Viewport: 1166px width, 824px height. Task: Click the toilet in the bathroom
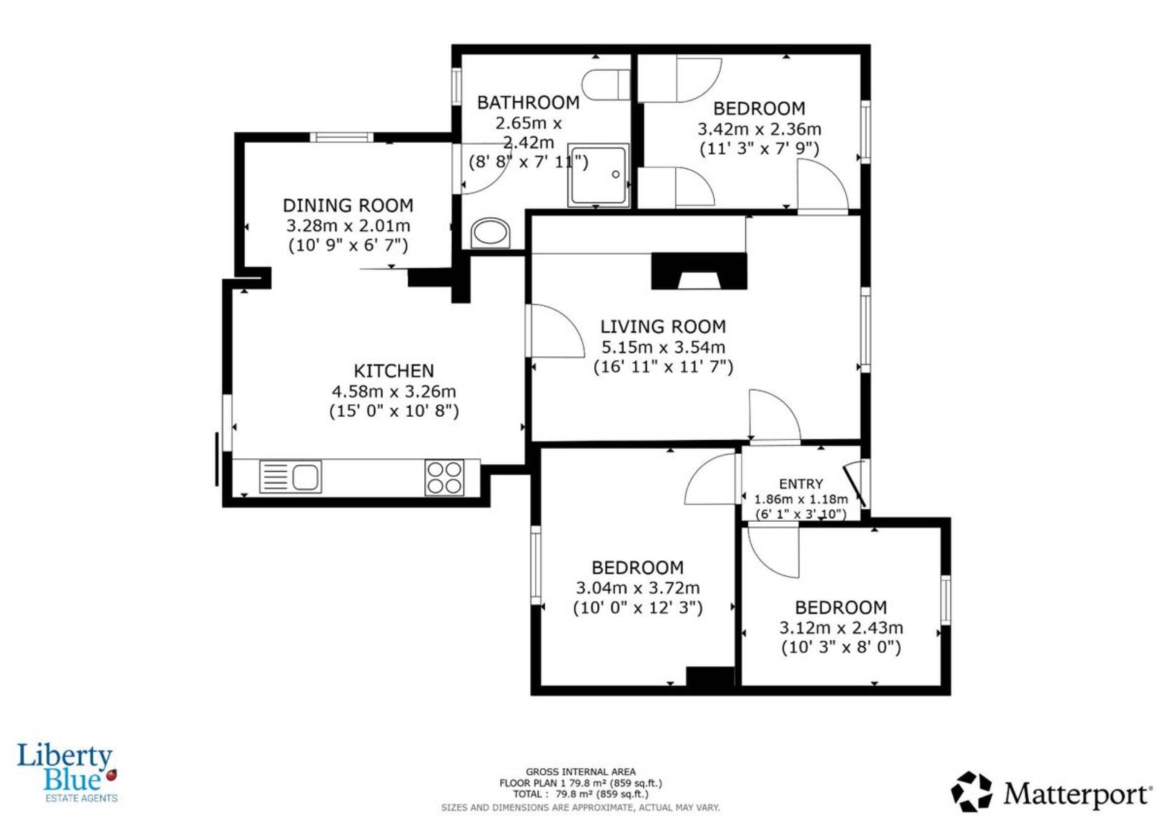[606, 84]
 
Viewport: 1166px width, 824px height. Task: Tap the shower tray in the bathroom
[598, 175]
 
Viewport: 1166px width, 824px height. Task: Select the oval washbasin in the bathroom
[490, 233]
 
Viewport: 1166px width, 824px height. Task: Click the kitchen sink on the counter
[290, 477]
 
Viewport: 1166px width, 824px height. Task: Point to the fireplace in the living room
[699, 271]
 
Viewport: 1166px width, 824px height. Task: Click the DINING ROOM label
[348, 205]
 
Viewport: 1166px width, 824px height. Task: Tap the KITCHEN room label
[394, 371]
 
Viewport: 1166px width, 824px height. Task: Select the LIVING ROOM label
[663, 327]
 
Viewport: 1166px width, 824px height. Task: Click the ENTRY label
[801, 484]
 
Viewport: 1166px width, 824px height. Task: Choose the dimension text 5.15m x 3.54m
[663, 347]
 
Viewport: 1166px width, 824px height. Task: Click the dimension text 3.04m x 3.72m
[638, 588]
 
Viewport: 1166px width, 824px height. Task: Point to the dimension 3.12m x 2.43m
[841, 627]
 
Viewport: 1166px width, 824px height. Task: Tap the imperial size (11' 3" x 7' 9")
[760, 149]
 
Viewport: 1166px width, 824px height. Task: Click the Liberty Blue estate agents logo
[67, 773]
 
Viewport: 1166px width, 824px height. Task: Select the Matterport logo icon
[972, 791]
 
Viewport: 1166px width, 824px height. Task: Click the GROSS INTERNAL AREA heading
[581, 772]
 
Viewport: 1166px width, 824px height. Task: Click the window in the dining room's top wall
[342, 137]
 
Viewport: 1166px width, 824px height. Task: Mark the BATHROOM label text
[528, 103]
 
